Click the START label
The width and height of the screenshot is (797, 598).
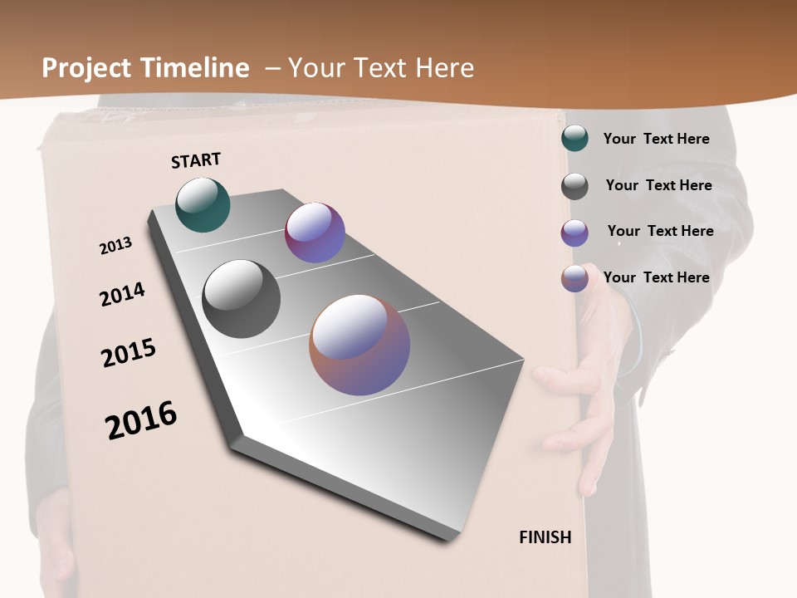196,160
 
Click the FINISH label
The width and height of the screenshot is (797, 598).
545,537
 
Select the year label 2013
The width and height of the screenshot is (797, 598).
115,246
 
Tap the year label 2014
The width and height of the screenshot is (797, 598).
122,294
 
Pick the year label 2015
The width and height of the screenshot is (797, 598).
129,353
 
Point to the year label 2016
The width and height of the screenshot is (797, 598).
141,420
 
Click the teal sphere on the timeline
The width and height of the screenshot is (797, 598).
203,204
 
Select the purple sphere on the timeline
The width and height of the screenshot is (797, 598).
315,233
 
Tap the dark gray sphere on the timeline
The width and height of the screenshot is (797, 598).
242,299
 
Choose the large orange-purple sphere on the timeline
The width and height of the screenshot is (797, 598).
359,345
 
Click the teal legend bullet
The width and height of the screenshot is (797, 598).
575,139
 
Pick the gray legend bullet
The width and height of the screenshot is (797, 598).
575,186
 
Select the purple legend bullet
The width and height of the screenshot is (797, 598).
575,233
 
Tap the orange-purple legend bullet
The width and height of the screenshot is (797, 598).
575,278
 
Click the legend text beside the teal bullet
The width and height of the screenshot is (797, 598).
657,139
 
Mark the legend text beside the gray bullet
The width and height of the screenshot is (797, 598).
658,185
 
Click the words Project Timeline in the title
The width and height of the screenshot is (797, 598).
145,68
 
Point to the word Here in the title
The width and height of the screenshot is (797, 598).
444,68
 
